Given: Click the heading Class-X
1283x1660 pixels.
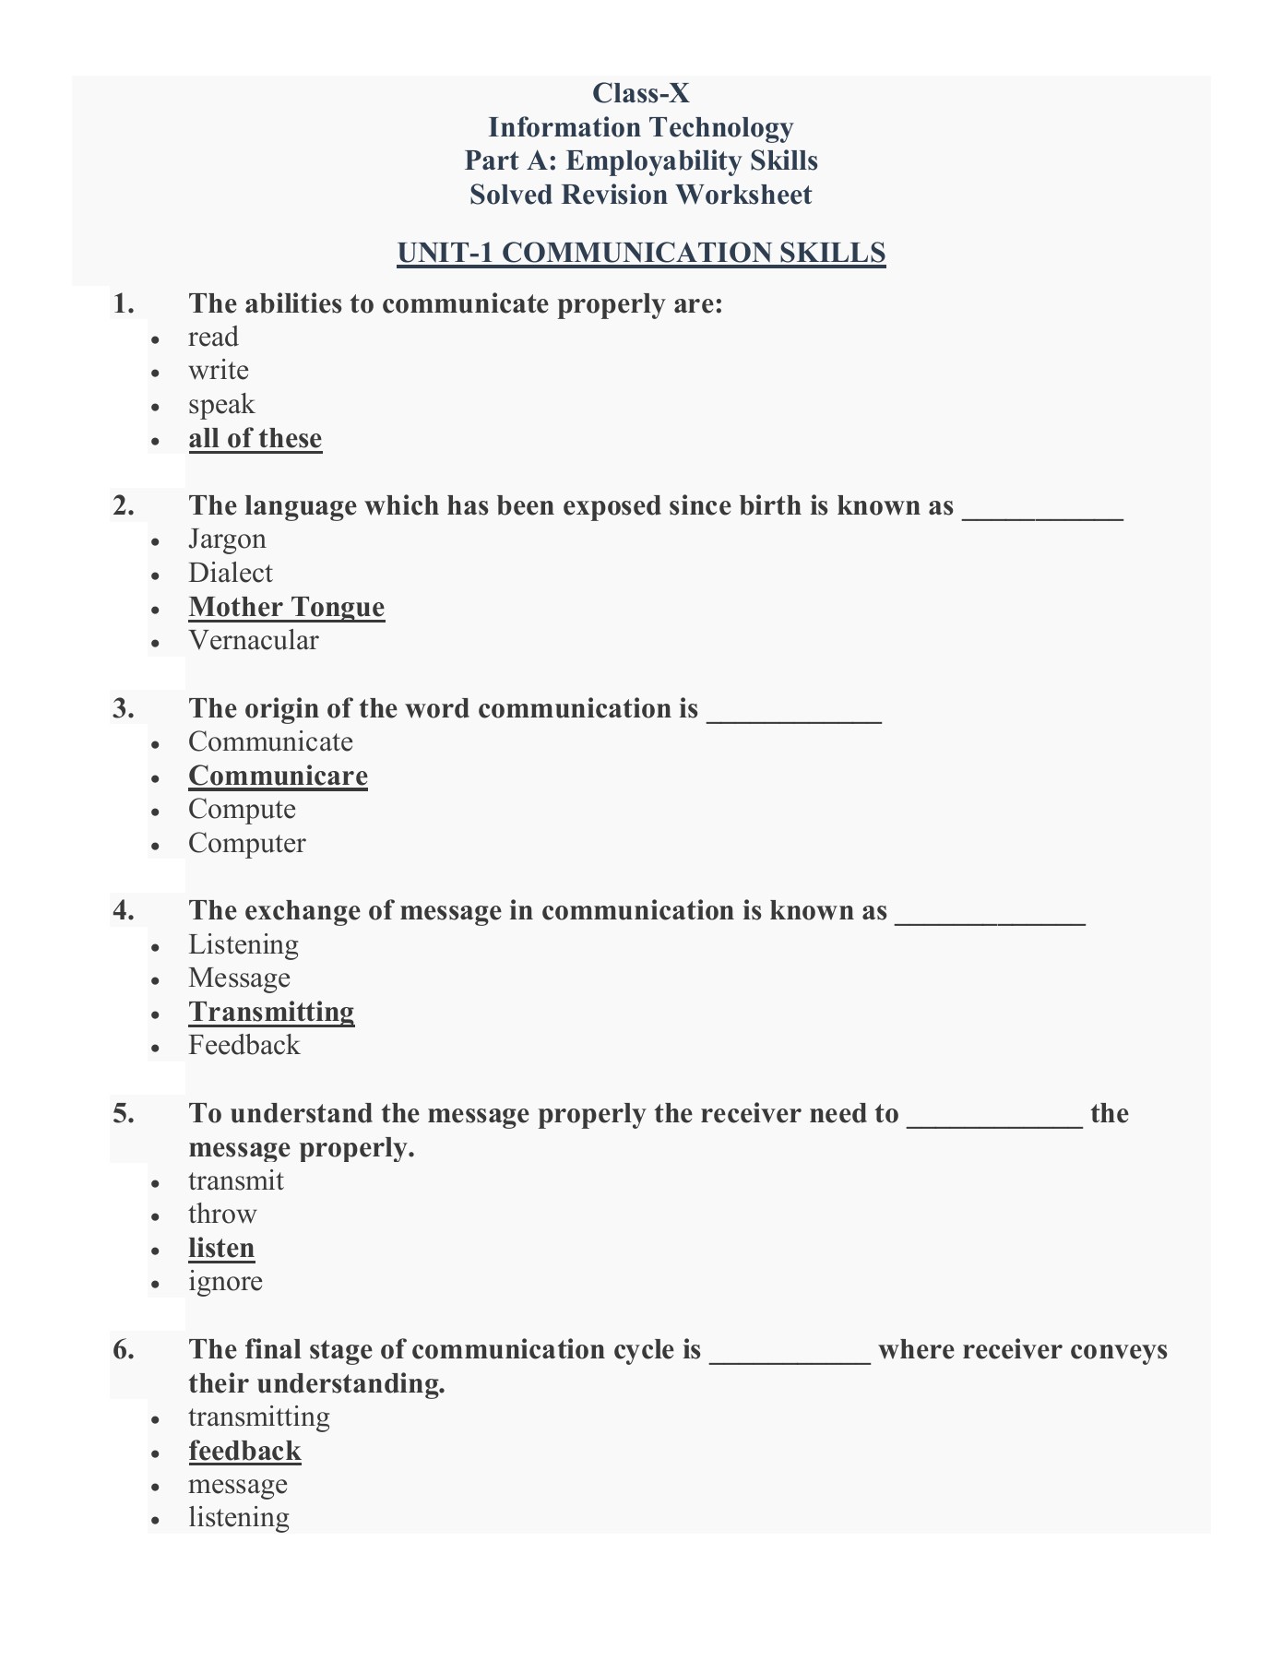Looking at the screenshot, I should coord(640,93).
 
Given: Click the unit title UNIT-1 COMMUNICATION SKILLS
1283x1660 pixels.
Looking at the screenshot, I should coord(641,253).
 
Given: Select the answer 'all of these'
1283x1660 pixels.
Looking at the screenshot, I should coord(255,438).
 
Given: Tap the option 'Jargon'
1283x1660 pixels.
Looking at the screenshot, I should coord(227,539).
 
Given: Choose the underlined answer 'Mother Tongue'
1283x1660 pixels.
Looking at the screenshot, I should coord(287,607).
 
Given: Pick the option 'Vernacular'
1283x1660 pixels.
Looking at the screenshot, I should coord(254,640).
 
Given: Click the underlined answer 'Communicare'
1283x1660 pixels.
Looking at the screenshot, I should coord(278,776).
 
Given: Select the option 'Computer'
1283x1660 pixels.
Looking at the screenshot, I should coord(247,843).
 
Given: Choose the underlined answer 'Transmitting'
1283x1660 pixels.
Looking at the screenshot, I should coord(271,1012).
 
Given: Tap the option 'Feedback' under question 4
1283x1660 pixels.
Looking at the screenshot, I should coord(244,1045).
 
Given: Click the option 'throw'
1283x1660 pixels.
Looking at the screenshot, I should coord(222,1214).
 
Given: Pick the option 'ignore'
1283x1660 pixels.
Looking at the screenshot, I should coord(225,1281).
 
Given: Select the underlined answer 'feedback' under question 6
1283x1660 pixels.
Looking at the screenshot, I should coord(244,1451).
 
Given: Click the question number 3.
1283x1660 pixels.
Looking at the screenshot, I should coord(124,708).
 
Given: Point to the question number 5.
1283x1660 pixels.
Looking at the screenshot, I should coord(124,1113).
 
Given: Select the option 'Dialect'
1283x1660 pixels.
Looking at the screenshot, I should coord(231,573).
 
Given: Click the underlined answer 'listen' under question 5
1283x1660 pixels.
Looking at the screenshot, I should coord(221,1248).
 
